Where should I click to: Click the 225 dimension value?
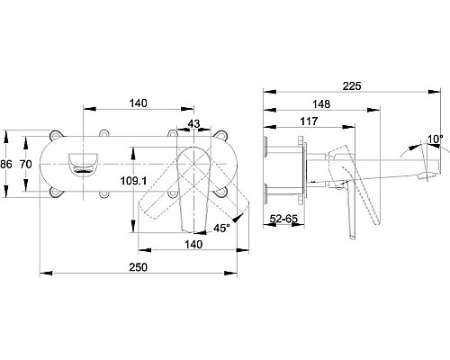(352, 86)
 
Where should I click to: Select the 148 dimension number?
(321, 104)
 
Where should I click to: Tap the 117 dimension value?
(309, 121)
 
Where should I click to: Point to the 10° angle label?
(436, 139)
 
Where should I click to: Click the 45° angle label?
(221, 229)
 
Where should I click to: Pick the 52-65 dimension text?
(283, 219)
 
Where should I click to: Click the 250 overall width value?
(139, 266)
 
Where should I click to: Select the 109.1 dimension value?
(133, 181)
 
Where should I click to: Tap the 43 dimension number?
(193, 123)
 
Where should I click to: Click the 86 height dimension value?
(6, 165)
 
